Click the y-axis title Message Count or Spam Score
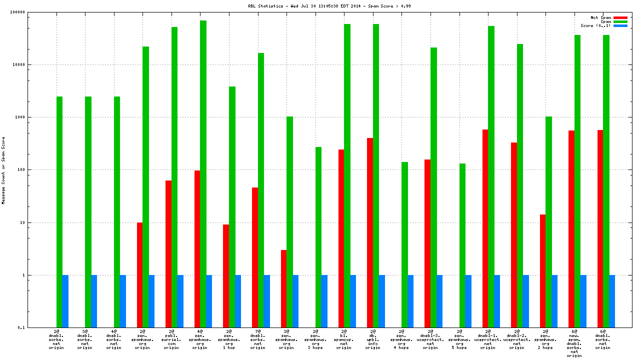coord(3,170)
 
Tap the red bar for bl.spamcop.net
coord(341,238)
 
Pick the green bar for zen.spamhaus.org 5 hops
coord(462,245)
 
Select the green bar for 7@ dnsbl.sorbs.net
coord(260,190)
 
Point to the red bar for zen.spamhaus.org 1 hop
coord(226,275)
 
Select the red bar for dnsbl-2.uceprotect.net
coord(514,235)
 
